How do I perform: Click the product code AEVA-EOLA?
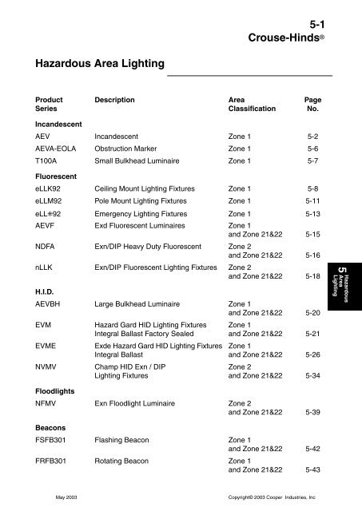click(x=58, y=149)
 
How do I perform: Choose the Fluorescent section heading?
click(x=56, y=177)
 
